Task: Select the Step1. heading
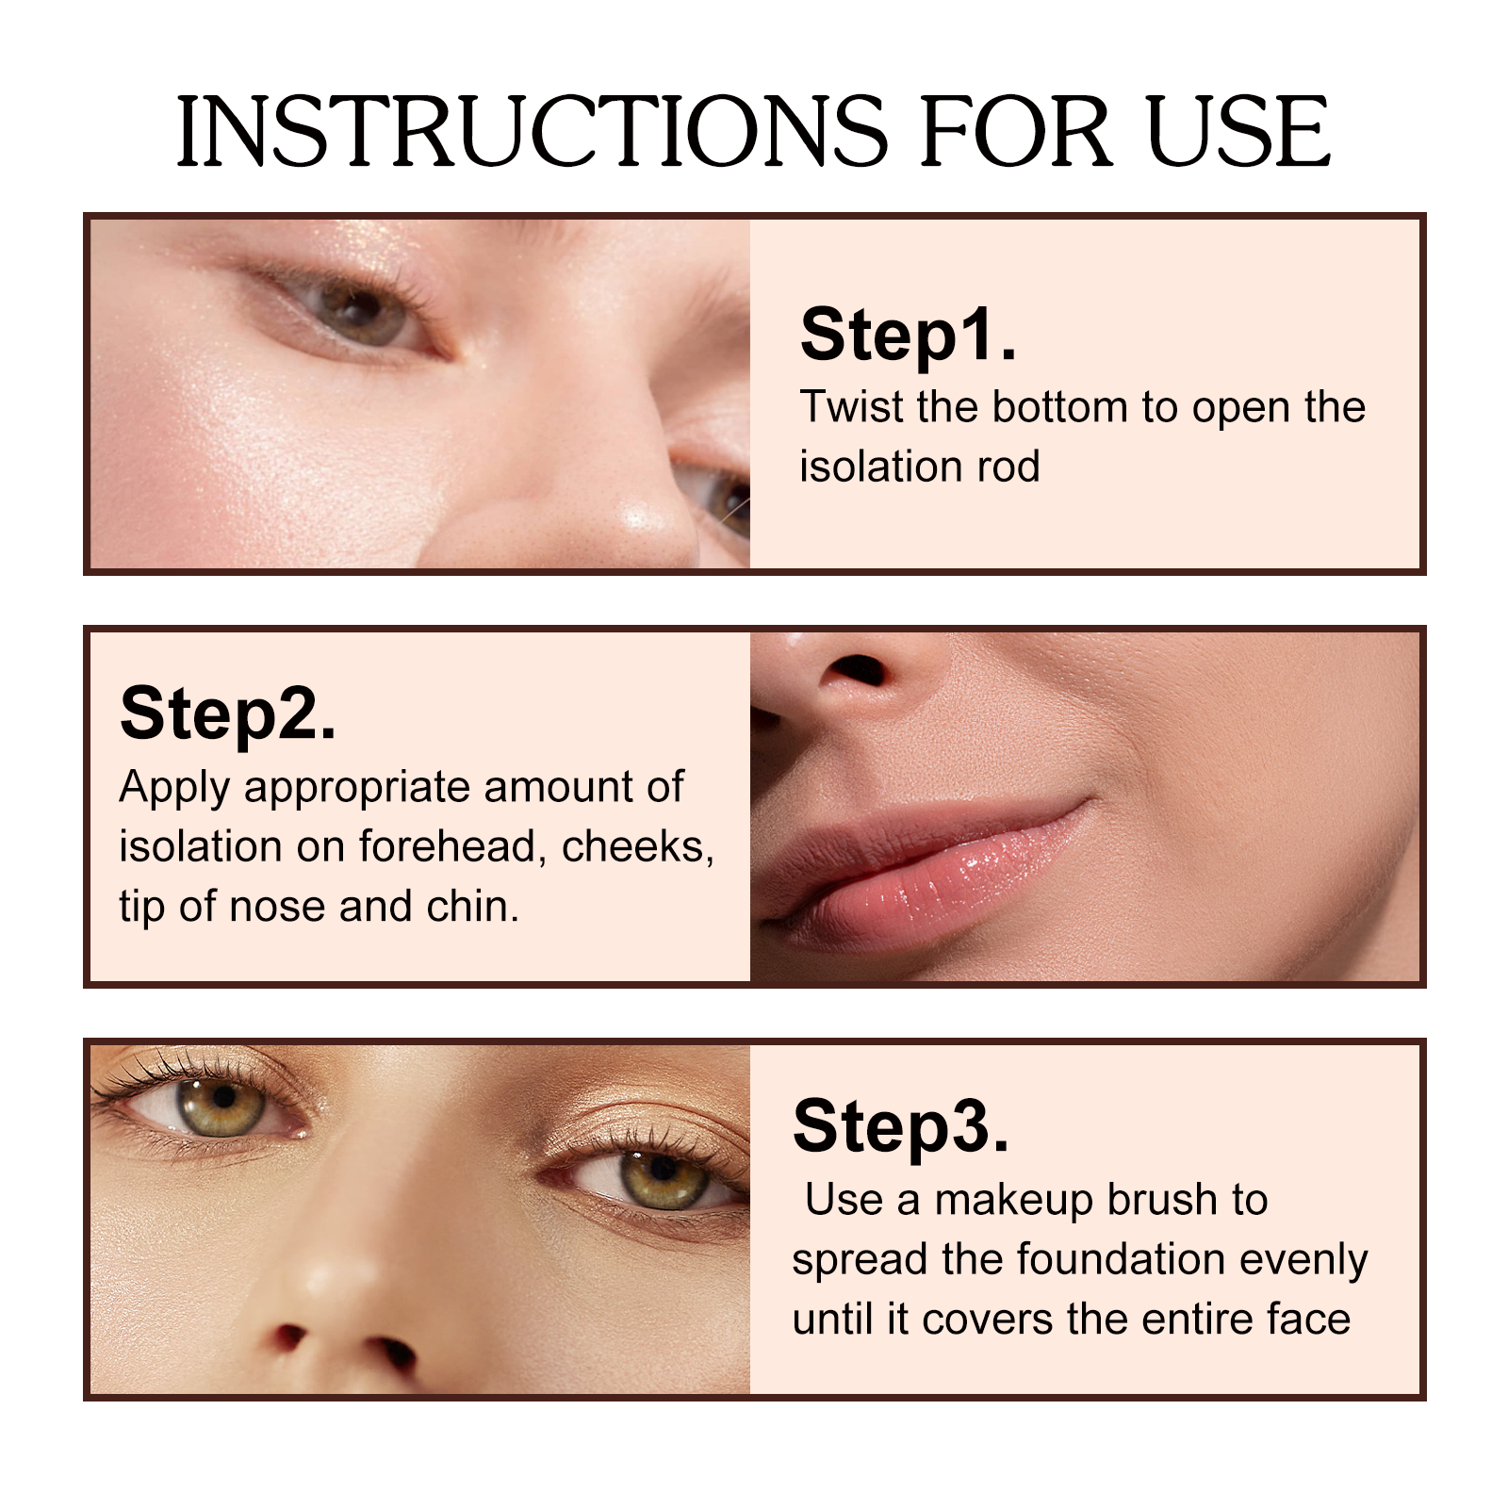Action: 908,335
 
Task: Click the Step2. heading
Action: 227,713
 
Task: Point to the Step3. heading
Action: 900,1125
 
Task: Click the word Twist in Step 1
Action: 851,407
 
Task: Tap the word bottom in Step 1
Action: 1059,407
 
